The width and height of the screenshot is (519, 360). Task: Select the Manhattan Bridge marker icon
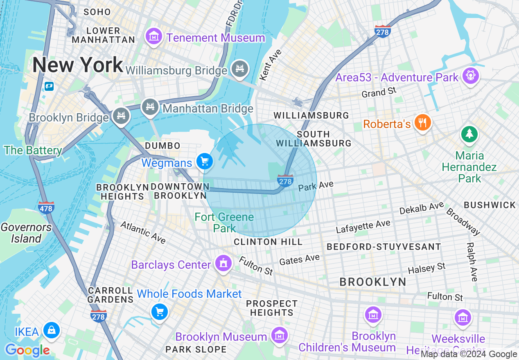point(150,107)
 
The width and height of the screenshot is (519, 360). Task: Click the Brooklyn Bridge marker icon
point(121,116)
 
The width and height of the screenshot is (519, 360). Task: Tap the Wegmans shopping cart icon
point(204,162)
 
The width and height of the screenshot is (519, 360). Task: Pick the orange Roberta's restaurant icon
point(422,123)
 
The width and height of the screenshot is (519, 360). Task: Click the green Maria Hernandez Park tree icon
point(469,134)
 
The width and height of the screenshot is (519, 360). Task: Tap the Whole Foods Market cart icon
point(159,312)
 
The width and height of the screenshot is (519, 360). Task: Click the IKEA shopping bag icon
point(52,330)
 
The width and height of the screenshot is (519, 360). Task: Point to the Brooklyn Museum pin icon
point(280,335)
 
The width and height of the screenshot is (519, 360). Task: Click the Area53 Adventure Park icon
point(470,76)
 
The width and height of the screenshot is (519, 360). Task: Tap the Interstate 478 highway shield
point(46,208)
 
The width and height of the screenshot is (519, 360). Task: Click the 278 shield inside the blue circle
point(285,180)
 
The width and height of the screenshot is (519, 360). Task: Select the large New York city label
point(78,65)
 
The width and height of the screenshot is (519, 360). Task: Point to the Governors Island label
point(26,233)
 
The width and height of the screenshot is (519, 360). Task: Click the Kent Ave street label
point(271,65)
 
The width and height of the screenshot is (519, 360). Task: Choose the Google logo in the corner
point(27,350)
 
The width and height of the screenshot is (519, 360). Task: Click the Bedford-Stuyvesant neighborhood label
point(384,247)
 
